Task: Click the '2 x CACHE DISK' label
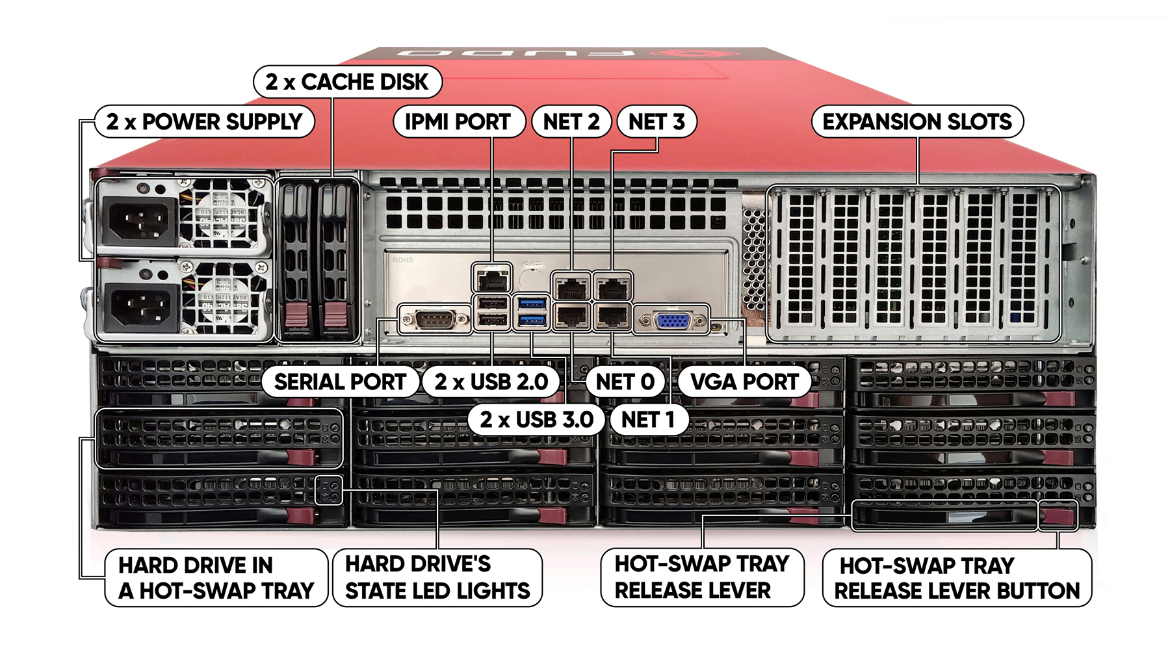(348, 82)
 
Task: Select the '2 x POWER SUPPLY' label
(205, 122)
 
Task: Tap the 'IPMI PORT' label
(458, 122)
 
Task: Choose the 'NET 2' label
(571, 122)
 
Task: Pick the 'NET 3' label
(656, 122)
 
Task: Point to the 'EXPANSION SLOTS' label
(917, 122)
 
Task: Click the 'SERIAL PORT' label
(340, 382)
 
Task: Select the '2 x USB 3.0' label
(536, 420)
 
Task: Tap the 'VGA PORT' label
(744, 382)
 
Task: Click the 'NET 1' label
(647, 420)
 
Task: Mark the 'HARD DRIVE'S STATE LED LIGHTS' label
(437, 577)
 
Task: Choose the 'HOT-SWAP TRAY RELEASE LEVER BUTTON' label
(957, 578)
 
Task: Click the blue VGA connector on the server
(672, 321)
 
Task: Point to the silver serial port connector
(435, 320)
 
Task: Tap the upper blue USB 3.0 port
(532, 303)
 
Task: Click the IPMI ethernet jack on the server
(492, 280)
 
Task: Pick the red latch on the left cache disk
(296, 316)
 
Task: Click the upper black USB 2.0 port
(492, 304)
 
